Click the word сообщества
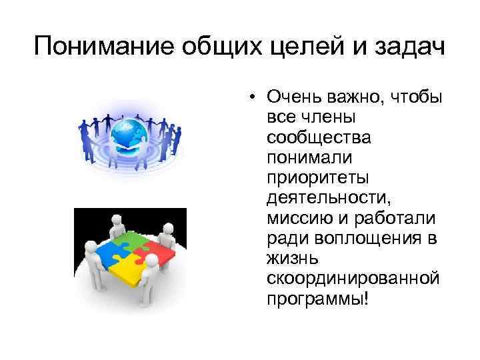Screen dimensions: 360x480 pyautogui.click(x=309, y=139)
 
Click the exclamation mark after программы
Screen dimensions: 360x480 pyautogui.click(x=365, y=297)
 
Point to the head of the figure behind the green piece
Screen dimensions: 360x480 pyautogui.click(x=116, y=219)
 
